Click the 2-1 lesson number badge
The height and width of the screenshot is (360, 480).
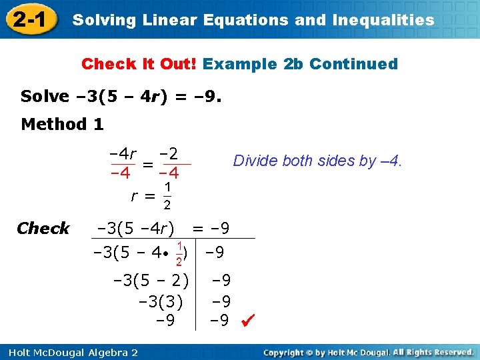(x=29, y=19)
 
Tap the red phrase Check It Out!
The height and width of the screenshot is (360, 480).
(x=139, y=64)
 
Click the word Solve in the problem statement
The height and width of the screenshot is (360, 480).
(x=45, y=97)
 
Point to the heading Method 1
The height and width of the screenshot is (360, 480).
(x=63, y=124)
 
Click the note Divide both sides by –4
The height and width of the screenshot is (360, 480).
(x=317, y=161)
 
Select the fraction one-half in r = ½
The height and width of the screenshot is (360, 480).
(x=167, y=196)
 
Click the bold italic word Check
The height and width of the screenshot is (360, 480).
(x=43, y=229)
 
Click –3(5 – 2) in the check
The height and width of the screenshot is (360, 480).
(x=153, y=280)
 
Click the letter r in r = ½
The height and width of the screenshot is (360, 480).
(x=135, y=196)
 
